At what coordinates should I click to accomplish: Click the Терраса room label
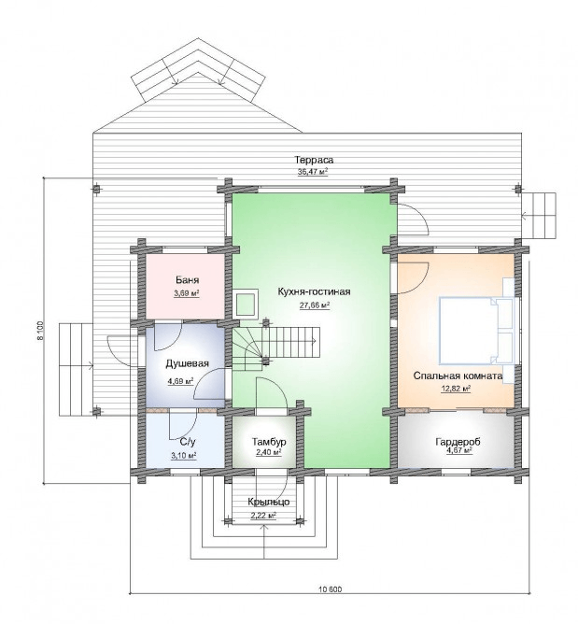tap(314, 160)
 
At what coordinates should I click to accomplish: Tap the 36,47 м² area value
tap(313, 172)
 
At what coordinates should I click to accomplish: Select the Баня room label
tap(187, 279)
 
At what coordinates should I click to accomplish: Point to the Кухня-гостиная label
tap(314, 291)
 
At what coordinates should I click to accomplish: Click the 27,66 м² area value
tap(315, 305)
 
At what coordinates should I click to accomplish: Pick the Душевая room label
tap(187, 363)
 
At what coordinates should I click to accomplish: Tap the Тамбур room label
tap(269, 442)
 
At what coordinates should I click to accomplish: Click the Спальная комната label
tap(458, 376)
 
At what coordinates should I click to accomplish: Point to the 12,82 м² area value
tap(456, 389)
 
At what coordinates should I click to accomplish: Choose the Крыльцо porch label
tap(269, 502)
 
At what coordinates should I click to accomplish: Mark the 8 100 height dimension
tap(39, 331)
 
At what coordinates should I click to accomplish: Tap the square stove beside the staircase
tap(247, 304)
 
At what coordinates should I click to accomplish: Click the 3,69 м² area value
tap(186, 293)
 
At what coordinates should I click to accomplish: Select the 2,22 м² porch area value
tap(263, 516)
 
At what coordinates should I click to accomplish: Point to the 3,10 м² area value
tap(184, 456)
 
